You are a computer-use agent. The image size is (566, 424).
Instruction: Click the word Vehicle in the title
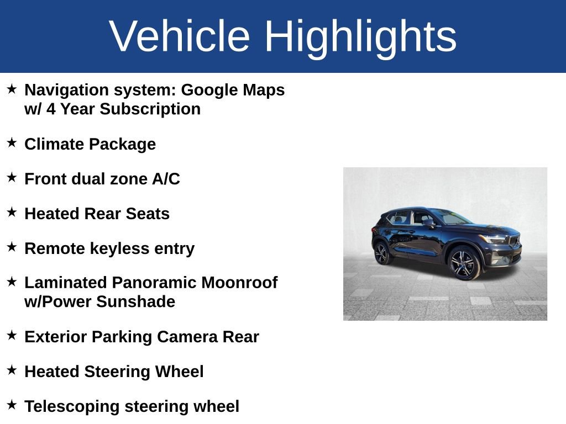pos(180,36)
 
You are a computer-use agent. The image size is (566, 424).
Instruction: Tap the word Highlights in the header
pos(360,36)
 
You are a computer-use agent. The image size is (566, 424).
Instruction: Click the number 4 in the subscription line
pos(51,109)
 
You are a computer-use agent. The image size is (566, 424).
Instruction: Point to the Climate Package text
pos(90,145)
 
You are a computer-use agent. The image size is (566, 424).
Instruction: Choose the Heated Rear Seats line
pos(97,214)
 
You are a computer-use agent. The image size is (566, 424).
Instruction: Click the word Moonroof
pos(239,283)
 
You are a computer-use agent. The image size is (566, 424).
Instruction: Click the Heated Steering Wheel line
pos(114,372)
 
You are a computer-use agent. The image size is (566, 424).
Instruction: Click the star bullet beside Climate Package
pos(12,143)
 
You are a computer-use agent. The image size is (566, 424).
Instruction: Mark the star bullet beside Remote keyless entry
pos(12,247)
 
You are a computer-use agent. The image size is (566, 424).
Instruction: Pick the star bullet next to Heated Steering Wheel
pos(12,370)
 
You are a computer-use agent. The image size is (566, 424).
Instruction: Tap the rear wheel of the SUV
pos(382,253)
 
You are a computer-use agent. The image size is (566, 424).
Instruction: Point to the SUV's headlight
pos(495,239)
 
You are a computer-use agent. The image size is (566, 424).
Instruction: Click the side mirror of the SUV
pos(428,222)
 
